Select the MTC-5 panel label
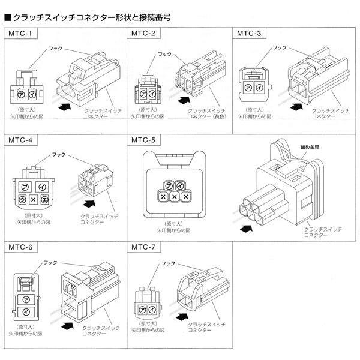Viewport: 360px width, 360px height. (x=144, y=140)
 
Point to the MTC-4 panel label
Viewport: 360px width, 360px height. (x=20, y=140)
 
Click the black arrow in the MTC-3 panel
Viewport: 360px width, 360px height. (x=295, y=107)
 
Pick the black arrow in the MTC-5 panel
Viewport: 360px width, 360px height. (x=245, y=229)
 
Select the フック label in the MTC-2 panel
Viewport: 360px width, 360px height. (x=164, y=54)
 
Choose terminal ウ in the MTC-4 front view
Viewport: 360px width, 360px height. (x=22, y=199)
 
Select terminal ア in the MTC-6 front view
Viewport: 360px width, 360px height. (x=25, y=298)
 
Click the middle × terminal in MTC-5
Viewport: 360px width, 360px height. (x=175, y=196)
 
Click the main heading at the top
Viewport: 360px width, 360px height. (x=87, y=17)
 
